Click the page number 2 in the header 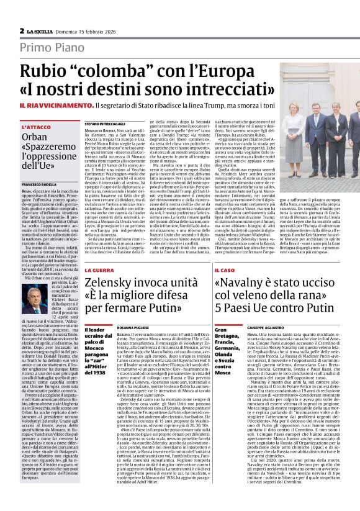click(x=22, y=30)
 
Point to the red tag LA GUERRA click(x=100, y=271)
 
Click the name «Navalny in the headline click(x=243, y=284)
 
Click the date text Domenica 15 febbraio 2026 click(x=87, y=30)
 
